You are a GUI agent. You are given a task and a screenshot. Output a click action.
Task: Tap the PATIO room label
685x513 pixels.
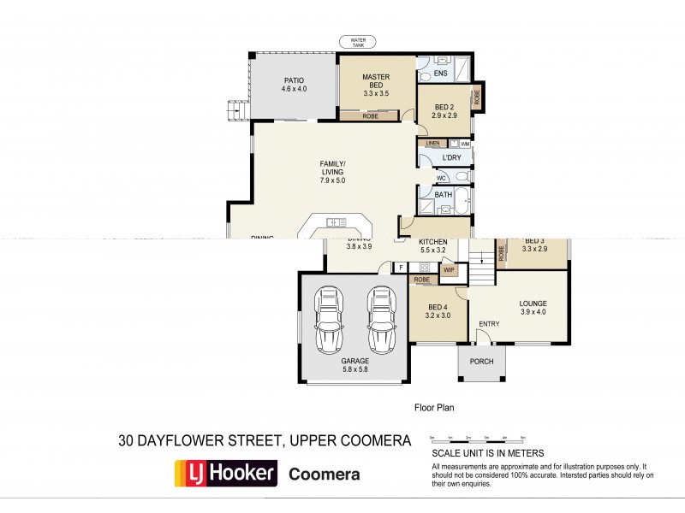point(295,85)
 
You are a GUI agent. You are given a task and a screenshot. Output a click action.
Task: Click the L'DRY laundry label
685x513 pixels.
point(451,158)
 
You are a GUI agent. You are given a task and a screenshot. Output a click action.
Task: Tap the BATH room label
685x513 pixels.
point(443,195)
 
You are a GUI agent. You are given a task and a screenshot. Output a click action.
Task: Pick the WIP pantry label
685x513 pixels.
point(449,270)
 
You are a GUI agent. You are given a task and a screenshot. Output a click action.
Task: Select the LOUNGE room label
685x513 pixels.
point(533,308)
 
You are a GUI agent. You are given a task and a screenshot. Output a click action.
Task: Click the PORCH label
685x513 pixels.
point(482,362)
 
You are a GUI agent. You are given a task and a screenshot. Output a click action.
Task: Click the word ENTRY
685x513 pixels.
point(489,323)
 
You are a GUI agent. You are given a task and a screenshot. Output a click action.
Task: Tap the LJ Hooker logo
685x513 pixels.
point(226,473)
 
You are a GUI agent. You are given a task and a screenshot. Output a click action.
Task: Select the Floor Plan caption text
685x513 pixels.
point(433,409)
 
